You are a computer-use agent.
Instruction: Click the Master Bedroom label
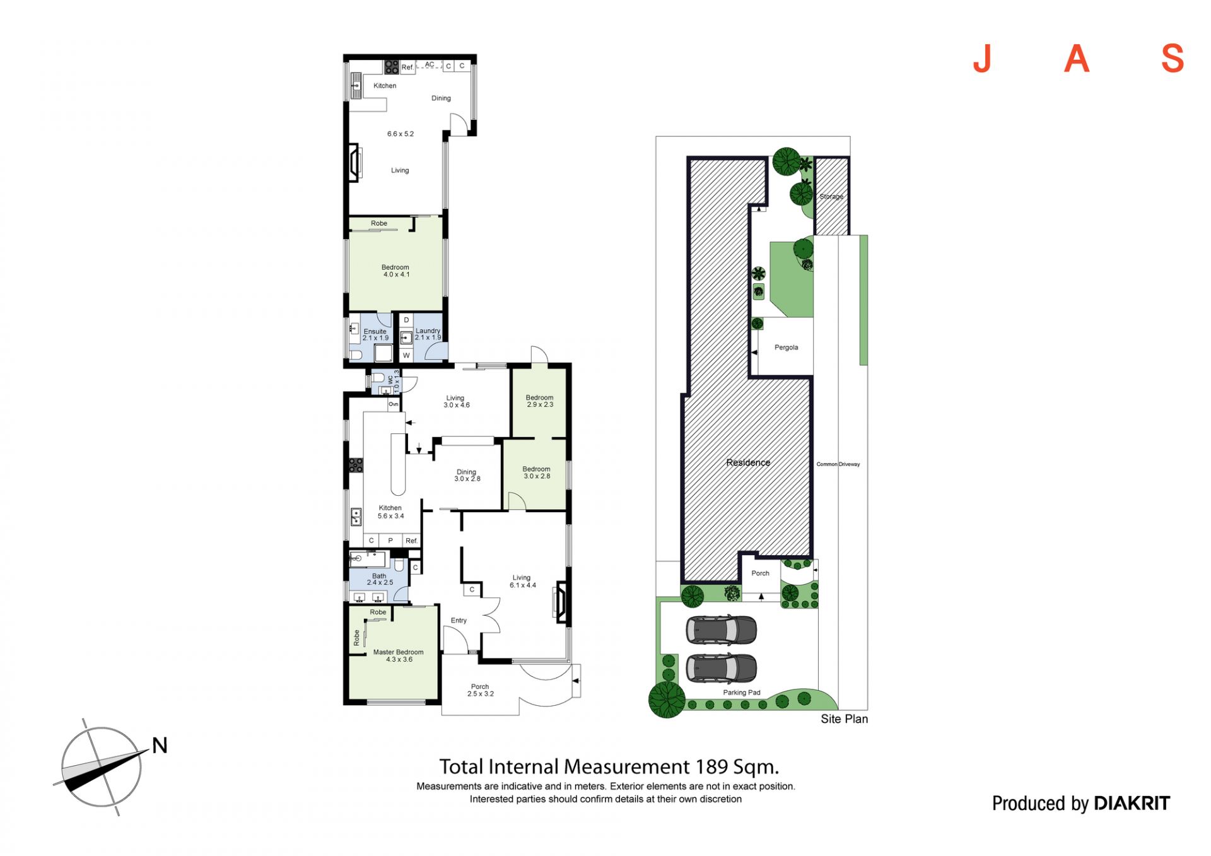398,652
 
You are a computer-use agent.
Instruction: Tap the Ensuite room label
375,331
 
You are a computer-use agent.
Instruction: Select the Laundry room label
428,331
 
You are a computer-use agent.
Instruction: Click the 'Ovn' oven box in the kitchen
394,404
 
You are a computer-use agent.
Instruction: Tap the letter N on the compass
160,746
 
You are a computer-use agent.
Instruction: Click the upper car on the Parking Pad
721,629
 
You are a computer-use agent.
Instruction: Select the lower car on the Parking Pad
721,667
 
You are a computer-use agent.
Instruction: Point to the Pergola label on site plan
786,348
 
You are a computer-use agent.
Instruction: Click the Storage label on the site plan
831,196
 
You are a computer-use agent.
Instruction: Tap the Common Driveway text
838,464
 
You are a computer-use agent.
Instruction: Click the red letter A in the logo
1077,59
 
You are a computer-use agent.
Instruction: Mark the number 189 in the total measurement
711,766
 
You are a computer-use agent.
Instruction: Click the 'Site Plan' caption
844,719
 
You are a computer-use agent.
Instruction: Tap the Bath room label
379,576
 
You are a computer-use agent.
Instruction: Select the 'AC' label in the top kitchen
430,64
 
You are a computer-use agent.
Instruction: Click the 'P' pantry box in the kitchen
390,541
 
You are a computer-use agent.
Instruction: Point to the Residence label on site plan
748,462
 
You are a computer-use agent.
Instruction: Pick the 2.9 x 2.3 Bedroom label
539,401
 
